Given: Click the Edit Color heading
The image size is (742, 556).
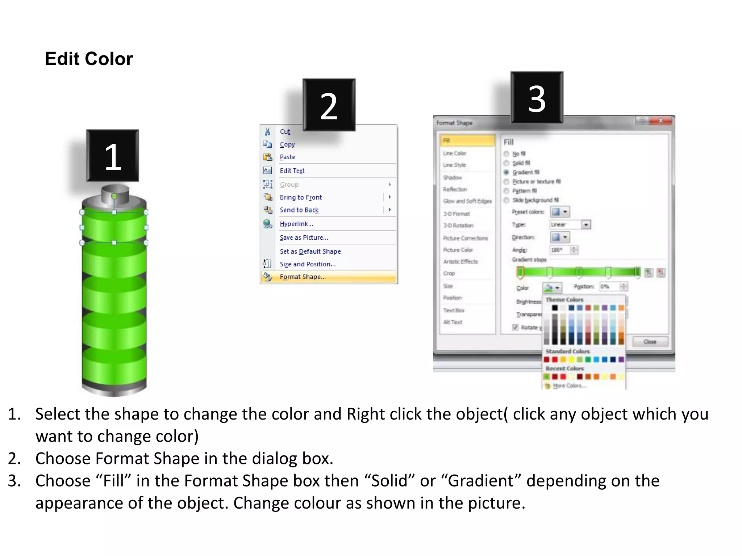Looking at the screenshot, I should tap(89, 59).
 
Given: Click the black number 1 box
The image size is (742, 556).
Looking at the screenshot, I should tap(113, 156).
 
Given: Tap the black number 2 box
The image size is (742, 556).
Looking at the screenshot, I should tap(329, 105).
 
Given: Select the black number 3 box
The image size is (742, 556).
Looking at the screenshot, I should tap(537, 98).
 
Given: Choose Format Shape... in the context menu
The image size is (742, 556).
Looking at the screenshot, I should tap(303, 277).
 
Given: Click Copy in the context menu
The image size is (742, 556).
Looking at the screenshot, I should tap(287, 144).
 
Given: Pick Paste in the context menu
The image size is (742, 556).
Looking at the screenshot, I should tap(287, 157).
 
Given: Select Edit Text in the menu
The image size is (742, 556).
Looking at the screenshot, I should tap(292, 171).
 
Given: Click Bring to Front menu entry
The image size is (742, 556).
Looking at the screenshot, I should tap(301, 197).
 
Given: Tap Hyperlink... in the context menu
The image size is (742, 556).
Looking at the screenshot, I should tap(296, 224).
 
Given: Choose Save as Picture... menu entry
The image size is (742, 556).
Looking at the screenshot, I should tap(304, 238).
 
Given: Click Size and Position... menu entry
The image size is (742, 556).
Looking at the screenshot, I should tap(308, 264).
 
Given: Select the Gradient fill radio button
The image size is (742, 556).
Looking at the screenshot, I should tap(507, 172).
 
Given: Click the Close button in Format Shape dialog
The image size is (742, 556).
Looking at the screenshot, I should tap(650, 342).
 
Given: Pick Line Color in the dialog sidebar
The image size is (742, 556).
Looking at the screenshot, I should tap(454, 153).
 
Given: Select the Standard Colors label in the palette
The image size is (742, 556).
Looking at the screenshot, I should tap(567, 351).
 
